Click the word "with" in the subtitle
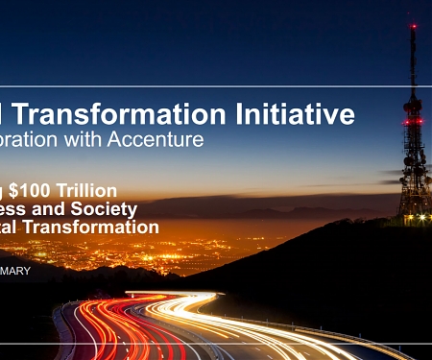coord(95,140)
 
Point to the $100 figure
coord(38,191)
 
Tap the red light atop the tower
coord(414,26)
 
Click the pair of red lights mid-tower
coord(414,122)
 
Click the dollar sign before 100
coord(17,191)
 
